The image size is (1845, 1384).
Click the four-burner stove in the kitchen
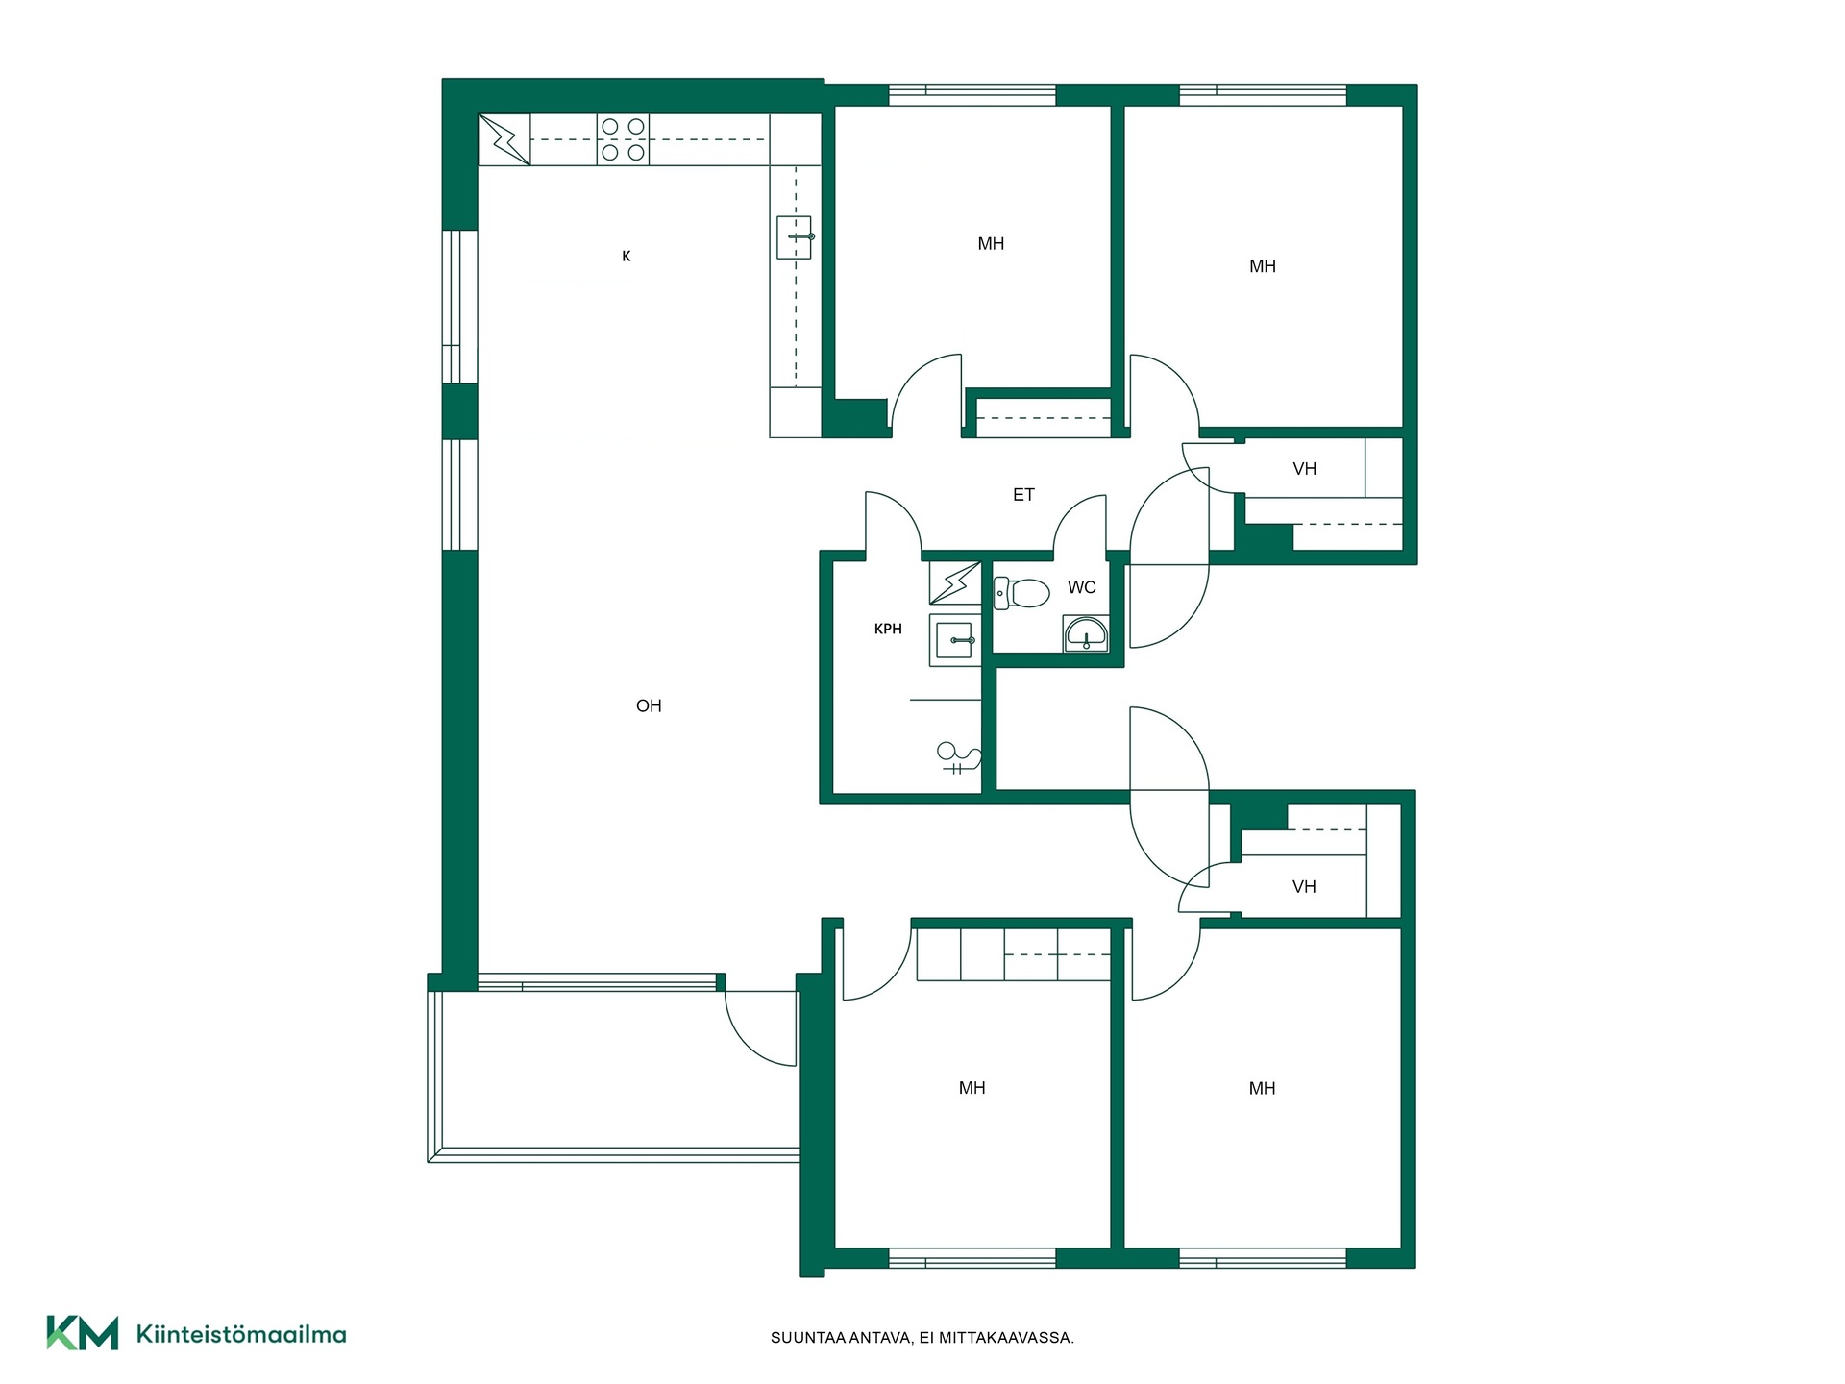pyautogui.click(x=623, y=139)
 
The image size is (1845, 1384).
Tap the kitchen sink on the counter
pyautogui.click(x=795, y=236)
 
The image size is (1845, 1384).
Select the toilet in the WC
pyautogui.click(x=1021, y=592)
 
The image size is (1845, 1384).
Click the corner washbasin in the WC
pyautogui.click(x=1086, y=634)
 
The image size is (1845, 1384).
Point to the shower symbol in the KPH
pyautogui.click(x=958, y=757)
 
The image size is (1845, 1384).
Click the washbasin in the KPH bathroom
pyautogui.click(x=954, y=640)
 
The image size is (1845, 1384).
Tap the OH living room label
pyautogui.click(x=649, y=705)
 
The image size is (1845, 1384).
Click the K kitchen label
pyautogui.click(x=627, y=256)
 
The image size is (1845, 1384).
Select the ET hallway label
pyautogui.click(x=1023, y=495)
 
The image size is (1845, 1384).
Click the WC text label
pyautogui.click(x=1082, y=587)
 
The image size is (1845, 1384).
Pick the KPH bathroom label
pyautogui.click(x=888, y=630)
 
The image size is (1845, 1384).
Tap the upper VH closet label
pyautogui.click(x=1305, y=469)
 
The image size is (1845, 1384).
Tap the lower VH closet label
pyautogui.click(x=1304, y=887)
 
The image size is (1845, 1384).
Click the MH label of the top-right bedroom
pyautogui.click(x=1263, y=266)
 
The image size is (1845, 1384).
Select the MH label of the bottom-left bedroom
pyautogui.click(x=972, y=1088)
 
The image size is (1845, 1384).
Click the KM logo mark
pyautogui.click(x=83, y=1332)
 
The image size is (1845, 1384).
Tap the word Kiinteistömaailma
pyautogui.click(x=241, y=1334)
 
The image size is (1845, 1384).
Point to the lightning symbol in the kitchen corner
pyautogui.click(x=504, y=140)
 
